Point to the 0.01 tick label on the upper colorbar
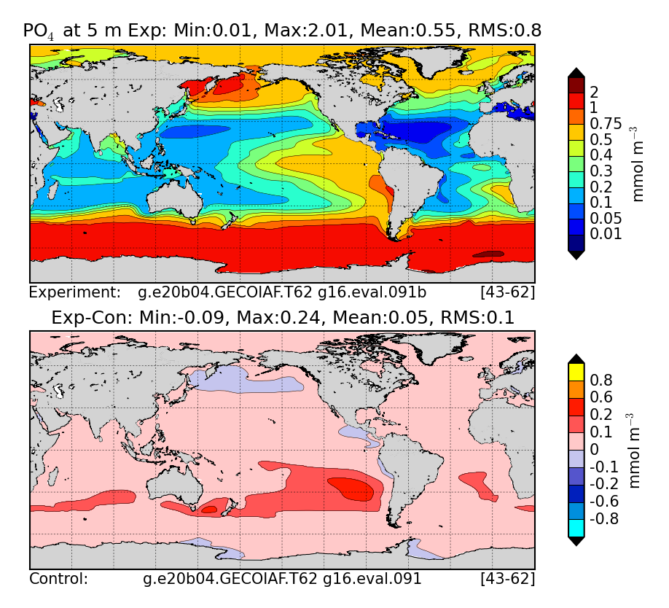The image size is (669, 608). point(605,234)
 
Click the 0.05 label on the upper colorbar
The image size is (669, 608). point(605,218)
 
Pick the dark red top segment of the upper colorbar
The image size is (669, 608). point(576,85)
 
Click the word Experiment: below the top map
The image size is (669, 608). point(74,293)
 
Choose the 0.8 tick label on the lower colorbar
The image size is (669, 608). point(600,379)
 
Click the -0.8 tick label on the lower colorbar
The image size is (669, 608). point(603,519)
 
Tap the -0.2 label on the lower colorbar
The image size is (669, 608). point(603,484)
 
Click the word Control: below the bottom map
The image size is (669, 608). point(58,580)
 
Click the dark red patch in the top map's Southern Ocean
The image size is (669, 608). point(488,254)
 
